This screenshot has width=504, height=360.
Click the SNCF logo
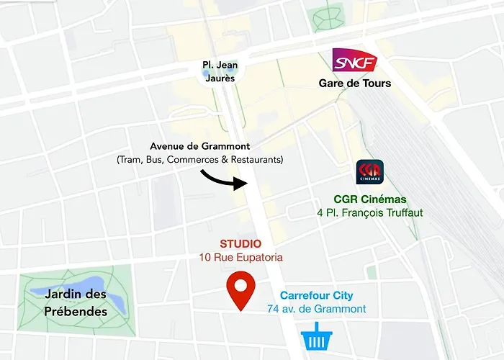pos(354,61)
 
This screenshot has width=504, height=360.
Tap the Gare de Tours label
pos(355,84)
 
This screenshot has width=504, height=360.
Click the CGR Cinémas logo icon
pos(370,173)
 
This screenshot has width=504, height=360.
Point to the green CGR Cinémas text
pos(370,199)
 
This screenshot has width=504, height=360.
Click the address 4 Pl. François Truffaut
pos(370,212)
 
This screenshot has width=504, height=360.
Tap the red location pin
pos(240,291)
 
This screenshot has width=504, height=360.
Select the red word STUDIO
pos(240,244)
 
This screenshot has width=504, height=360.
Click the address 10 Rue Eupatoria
pos(240,257)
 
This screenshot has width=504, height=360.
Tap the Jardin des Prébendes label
pos(76,302)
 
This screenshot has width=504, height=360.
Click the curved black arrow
pos(225,180)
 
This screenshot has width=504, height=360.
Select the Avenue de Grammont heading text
pos(200,146)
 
